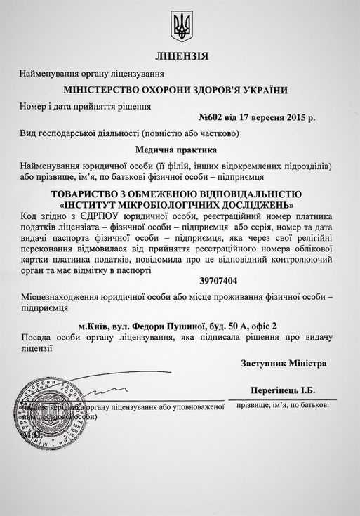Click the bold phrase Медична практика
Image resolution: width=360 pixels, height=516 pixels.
[180, 149]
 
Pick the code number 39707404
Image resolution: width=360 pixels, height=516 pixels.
[180, 281]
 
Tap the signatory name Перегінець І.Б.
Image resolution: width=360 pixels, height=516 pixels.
[283, 390]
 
